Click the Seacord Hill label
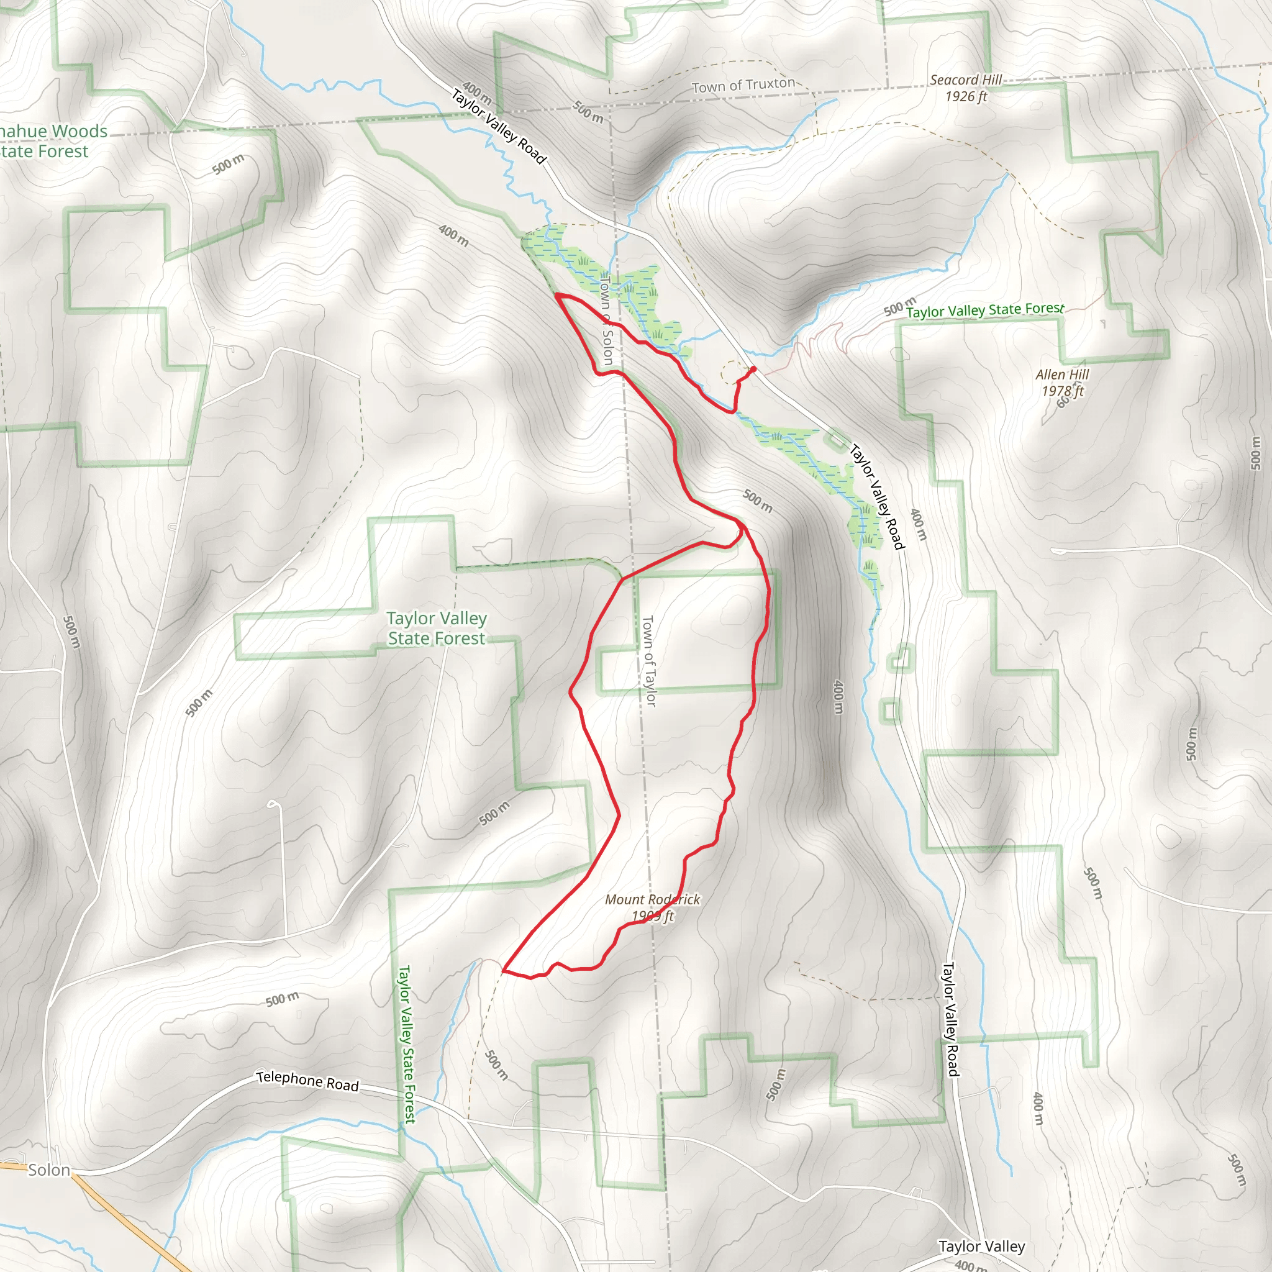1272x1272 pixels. point(965,79)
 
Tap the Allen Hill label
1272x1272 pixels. point(1062,374)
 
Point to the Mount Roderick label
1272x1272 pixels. point(653,899)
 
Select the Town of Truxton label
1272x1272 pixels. point(743,86)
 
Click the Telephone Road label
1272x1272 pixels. point(307,1081)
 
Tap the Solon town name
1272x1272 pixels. point(48,1170)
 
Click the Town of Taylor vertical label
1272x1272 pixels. point(649,661)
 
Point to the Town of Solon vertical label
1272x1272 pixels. point(606,320)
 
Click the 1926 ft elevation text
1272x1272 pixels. point(966,97)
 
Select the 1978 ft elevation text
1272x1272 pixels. point(1062,391)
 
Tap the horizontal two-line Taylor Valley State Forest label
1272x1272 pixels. point(437,628)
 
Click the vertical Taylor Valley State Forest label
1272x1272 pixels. point(407,1044)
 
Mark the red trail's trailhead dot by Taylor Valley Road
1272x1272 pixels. point(753,370)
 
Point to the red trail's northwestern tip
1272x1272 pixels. point(558,296)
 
